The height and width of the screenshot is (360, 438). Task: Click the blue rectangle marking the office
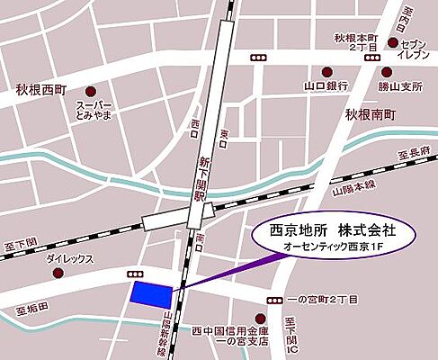point(151,292)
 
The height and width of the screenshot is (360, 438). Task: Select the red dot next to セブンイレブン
point(393,41)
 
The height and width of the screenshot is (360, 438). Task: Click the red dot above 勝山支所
point(387,72)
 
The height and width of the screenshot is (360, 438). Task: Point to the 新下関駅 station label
point(201,176)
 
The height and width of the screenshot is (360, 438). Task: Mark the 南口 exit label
point(199,242)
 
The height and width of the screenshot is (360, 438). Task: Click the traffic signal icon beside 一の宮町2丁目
point(273,299)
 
